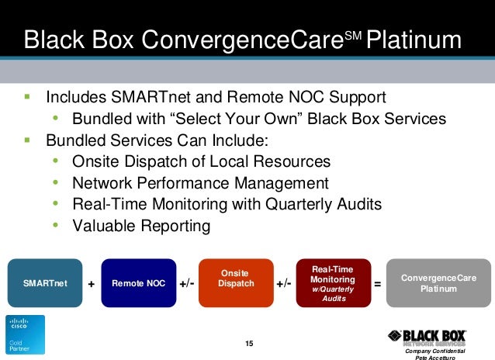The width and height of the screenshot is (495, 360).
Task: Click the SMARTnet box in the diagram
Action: (x=45, y=283)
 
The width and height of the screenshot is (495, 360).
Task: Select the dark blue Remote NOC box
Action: (x=138, y=283)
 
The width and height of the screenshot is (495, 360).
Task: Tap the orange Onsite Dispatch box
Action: (x=236, y=283)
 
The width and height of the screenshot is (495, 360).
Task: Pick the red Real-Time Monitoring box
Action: (x=334, y=283)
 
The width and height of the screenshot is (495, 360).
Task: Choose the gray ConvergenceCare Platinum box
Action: (x=438, y=283)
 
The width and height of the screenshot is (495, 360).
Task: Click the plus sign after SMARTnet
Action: (x=92, y=285)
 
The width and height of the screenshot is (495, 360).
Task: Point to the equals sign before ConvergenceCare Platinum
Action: (x=378, y=284)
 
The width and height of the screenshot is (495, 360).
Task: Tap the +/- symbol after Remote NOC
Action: (x=187, y=284)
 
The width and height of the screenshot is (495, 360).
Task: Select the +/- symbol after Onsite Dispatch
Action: (x=284, y=284)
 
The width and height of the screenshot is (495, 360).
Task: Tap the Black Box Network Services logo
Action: (x=427, y=337)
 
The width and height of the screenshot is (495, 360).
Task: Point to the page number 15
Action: (x=249, y=344)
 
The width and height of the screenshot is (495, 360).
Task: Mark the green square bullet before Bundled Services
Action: (x=27, y=140)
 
